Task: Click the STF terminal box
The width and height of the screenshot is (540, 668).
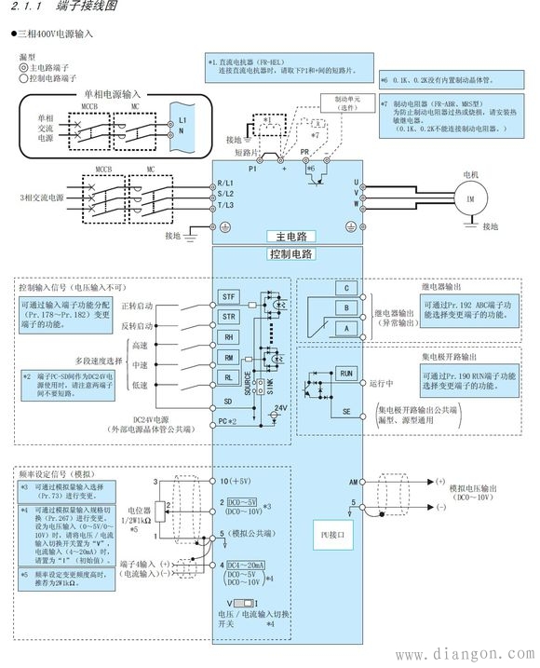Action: (x=228, y=295)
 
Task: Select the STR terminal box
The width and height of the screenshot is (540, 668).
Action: (x=228, y=317)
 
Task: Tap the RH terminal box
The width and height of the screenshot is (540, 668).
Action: (x=228, y=337)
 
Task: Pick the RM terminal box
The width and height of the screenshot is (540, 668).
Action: (x=228, y=358)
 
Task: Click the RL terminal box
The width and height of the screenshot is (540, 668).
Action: (x=228, y=378)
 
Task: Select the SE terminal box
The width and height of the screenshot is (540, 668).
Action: (x=346, y=411)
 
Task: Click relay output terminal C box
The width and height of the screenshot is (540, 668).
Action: (x=345, y=289)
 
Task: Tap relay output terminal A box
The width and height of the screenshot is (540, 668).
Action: (x=345, y=329)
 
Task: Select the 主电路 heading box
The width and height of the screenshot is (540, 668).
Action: (x=290, y=236)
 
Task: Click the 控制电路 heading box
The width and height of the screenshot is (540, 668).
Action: (x=290, y=253)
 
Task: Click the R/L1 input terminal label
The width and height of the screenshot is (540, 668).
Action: (x=225, y=183)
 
